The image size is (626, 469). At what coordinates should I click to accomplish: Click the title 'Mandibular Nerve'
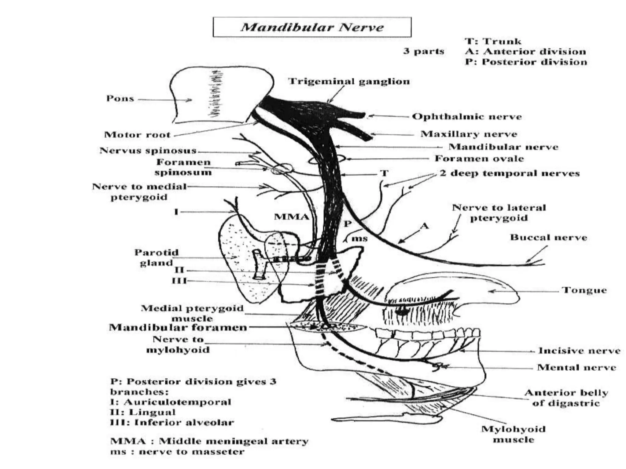312,27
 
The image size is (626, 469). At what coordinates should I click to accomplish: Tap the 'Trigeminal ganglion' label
349,82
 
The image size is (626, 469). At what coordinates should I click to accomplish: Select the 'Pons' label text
120,99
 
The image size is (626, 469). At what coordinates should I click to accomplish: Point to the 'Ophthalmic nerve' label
467,117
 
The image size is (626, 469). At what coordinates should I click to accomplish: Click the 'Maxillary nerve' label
469,134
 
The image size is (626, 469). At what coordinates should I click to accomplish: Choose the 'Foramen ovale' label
479,158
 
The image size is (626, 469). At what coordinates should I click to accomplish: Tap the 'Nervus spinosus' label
148,151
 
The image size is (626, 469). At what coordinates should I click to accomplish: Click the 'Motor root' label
137,135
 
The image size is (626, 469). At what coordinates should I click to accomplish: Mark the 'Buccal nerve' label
548,238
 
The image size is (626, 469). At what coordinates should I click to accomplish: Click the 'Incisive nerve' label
579,351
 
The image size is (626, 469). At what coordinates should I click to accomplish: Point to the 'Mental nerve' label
576,367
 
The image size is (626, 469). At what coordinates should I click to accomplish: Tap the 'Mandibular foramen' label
178,328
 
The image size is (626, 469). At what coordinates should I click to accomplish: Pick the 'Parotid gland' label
156,257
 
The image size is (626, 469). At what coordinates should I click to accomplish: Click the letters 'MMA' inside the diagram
291,217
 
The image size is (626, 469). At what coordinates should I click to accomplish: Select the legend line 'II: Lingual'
143,412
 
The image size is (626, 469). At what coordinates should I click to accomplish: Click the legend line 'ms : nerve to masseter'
177,452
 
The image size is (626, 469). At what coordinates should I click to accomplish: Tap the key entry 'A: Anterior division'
525,51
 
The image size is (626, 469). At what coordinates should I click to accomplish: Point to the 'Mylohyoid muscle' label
513,434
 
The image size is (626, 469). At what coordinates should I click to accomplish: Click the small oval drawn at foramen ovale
327,159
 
